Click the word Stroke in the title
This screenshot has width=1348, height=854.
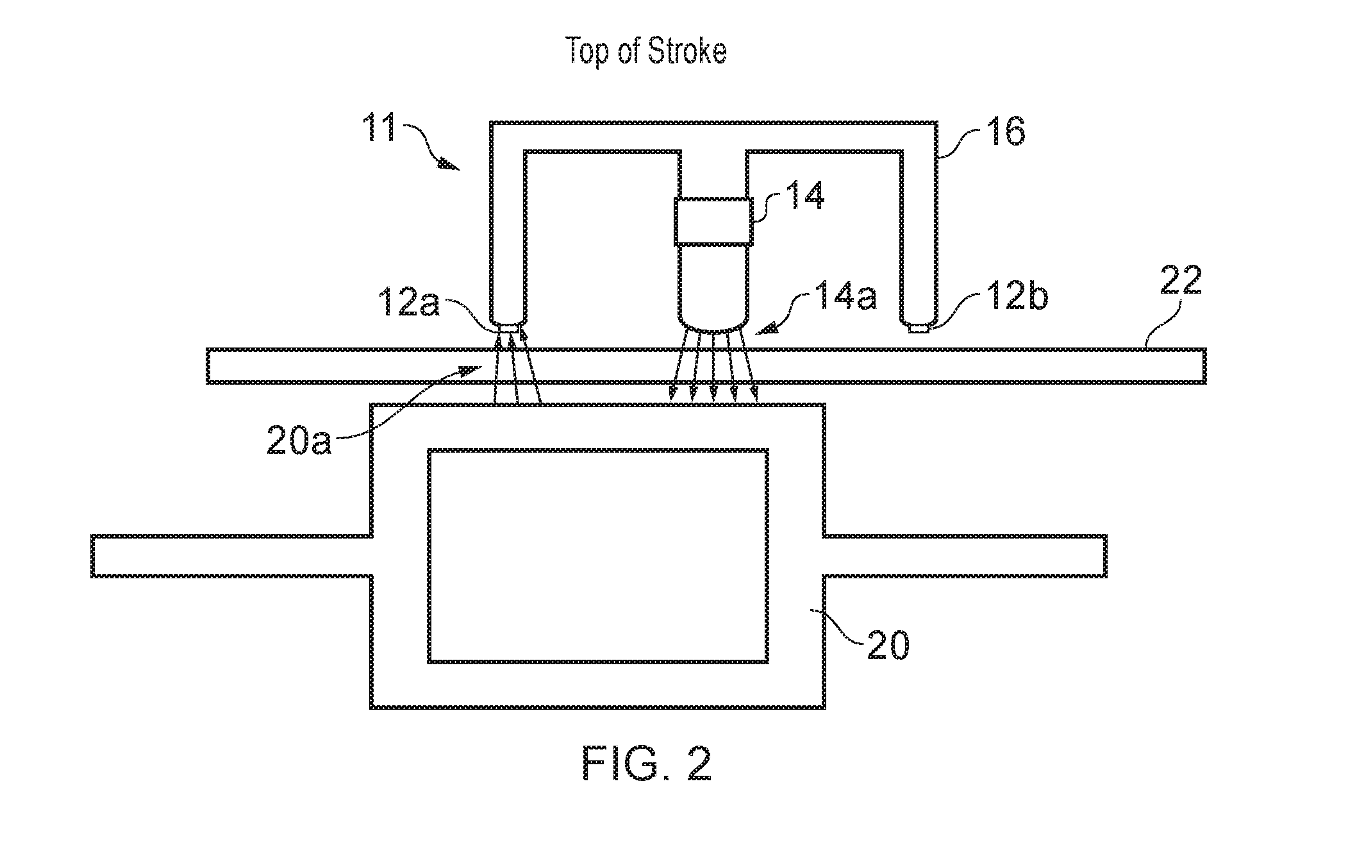coord(687,51)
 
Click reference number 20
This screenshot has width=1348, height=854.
coord(888,646)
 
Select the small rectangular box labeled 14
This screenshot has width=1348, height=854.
coord(714,222)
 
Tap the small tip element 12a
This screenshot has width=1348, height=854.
coord(508,328)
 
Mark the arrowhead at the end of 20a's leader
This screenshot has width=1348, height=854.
coord(470,371)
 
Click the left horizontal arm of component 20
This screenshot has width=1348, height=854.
coord(231,556)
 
